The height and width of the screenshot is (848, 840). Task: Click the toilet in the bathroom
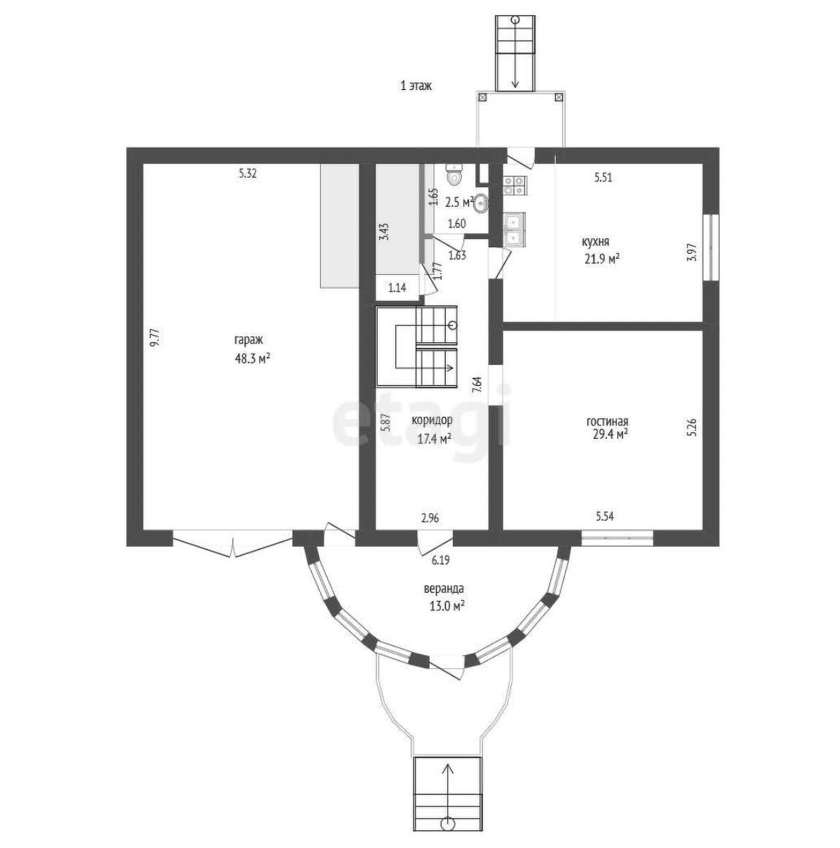454,174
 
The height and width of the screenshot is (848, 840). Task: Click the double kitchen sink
514,230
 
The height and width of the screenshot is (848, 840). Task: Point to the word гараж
248,341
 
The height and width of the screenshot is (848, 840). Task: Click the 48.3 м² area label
253,358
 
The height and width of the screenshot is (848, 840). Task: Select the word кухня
595,242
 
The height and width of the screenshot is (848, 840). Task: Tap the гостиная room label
607,421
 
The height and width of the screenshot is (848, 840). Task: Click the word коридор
432,420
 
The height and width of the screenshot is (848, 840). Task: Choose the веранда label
445,589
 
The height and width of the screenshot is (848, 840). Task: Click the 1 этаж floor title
416,86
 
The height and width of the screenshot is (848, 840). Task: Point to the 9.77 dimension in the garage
155,338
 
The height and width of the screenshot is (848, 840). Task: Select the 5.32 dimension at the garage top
248,173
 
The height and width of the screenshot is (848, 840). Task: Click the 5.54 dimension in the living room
605,517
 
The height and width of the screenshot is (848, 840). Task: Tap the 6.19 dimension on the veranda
440,561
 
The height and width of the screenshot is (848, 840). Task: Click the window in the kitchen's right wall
714,248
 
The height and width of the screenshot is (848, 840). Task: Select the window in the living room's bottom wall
617,538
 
